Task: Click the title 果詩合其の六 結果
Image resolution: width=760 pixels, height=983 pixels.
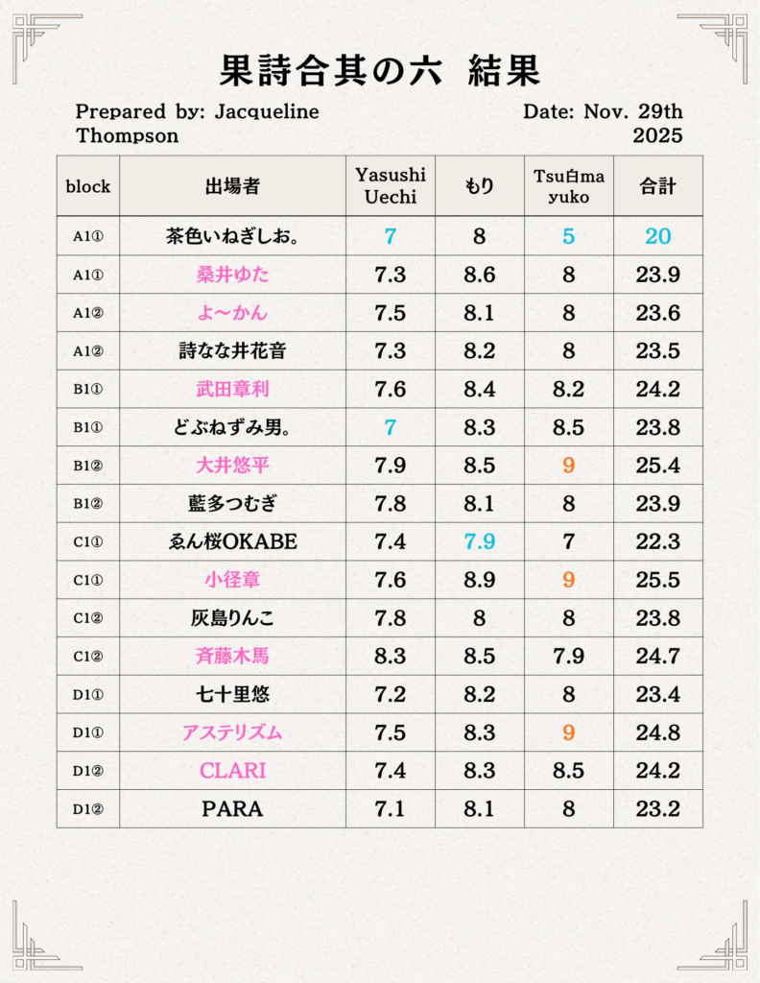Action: click(x=380, y=71)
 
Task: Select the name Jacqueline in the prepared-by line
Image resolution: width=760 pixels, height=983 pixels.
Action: click(x=267, y=112)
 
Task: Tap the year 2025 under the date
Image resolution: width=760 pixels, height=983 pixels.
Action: click(x=657, y=135)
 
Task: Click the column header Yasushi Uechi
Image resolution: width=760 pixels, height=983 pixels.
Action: click(x=390, y=185)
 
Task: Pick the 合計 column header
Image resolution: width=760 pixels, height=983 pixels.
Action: click(x=657, y=186)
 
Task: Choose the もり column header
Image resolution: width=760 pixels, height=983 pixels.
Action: click(x=479, y=186)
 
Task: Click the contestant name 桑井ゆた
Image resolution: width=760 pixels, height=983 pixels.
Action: click(x=232, y=275)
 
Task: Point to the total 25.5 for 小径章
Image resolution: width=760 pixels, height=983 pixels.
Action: click(x=657, y=580)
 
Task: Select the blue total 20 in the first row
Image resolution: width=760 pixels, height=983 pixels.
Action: click(x=657, y=236)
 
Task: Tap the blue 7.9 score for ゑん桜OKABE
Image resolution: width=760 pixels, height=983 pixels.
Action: click(x=479, y=541)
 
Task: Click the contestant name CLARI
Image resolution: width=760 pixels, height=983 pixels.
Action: click(x=232, y=771)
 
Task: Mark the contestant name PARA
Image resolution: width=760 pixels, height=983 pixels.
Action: click(x=232, y=809)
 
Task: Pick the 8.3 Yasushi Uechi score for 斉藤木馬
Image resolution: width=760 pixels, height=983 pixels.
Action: click(x=390, y=657)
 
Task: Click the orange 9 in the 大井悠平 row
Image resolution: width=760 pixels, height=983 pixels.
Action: click(x=568, y=466)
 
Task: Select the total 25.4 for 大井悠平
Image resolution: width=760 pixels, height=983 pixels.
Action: click(x=657, y=466)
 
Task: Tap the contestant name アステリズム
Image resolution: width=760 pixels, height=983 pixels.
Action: click(x=232, y=732)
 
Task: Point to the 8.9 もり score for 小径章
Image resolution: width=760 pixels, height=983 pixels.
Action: click(x=479, y=580)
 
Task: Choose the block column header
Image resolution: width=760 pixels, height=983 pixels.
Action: click(x=88, y=186)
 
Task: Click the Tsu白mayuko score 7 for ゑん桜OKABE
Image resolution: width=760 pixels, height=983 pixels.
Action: click(x=568, y=541)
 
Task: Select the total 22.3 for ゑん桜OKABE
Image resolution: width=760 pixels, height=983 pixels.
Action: click(x=657, y=541)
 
